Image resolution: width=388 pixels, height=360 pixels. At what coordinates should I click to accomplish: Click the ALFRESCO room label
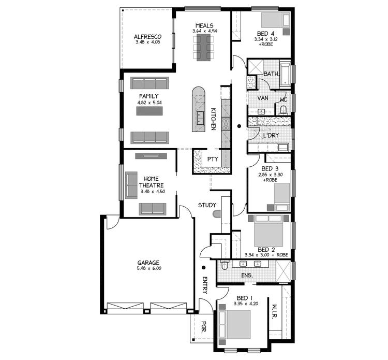coord(147,37)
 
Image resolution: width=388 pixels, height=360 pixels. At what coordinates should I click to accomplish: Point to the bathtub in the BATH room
coord(286,73)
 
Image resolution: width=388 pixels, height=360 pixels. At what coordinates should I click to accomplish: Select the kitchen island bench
coord(198,109)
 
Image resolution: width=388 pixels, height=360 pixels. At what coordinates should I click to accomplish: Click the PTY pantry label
coord(212,159)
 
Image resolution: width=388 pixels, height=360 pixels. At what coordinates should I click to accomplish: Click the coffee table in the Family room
coord(149,111)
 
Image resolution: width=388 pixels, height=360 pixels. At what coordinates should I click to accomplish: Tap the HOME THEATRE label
coord(152,182)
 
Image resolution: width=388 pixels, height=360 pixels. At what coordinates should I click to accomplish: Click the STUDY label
coord(207,206)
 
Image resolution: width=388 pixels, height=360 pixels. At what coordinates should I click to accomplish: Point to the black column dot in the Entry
coord(204,267)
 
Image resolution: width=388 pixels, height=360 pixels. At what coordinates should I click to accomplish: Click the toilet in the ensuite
coord(225,266)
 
